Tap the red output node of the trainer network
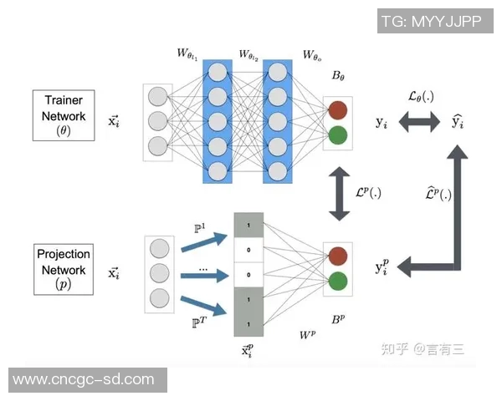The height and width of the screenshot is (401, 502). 338,109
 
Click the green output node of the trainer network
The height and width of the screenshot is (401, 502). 338,135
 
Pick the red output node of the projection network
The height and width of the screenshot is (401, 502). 338,256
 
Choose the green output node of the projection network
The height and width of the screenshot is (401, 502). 338,281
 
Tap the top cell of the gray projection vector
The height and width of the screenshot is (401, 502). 249,226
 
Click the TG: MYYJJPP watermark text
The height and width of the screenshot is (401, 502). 432,22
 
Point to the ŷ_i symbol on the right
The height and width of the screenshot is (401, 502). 457,122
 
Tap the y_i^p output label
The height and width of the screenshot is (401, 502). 382,267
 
